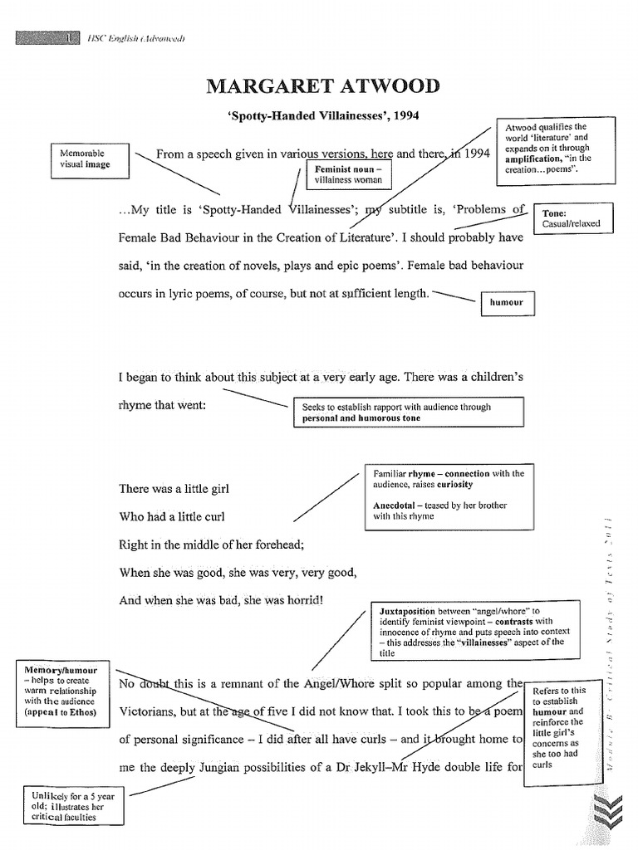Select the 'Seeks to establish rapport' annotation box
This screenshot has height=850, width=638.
[408, 413]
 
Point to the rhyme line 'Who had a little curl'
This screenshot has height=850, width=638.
[173, 516]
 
